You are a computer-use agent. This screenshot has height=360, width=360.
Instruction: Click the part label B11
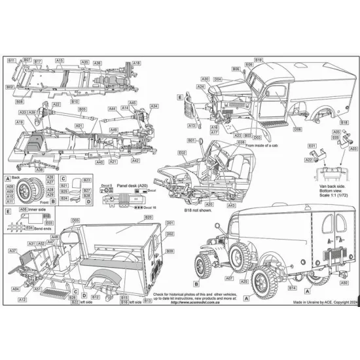(x=11, y=60)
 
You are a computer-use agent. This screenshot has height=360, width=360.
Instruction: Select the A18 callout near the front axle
(x=136, y=63)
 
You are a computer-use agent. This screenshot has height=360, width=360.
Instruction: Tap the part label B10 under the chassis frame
(x=75, y=101)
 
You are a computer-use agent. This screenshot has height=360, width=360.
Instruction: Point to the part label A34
(x=154, y=106)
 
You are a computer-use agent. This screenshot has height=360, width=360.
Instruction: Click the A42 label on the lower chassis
(x=135, y=160)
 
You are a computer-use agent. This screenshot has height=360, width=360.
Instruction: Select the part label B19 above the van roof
(x=259, y=60)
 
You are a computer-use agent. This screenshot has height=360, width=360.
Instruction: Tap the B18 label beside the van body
(x=344, y=122)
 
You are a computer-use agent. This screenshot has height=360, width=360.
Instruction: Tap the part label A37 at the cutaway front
(x=12, y=251)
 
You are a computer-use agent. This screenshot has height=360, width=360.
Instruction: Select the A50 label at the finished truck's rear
(x=343, y=282)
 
